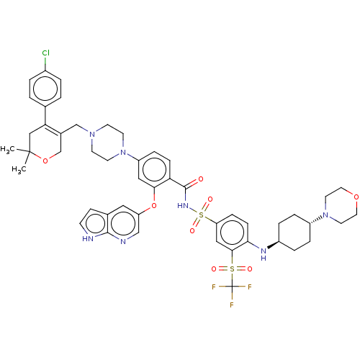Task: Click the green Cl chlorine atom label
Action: click(x=45, y=54)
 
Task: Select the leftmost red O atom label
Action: click(x=45, y=161)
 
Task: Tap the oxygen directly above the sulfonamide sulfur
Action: click(x=210, y=199)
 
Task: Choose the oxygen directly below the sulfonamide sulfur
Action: click(x=193, y=230)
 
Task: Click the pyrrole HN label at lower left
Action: click(x=88, y=239)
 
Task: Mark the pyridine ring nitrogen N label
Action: click(x=123, y=242)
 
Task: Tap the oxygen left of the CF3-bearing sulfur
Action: click(x=214, y=269)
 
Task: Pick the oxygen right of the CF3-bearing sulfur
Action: click(x=249, y=269)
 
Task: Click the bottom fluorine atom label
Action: click(x=232, y=305)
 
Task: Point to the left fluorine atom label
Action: click(x=214, y=287)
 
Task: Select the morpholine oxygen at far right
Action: click(x=356, y=195)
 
